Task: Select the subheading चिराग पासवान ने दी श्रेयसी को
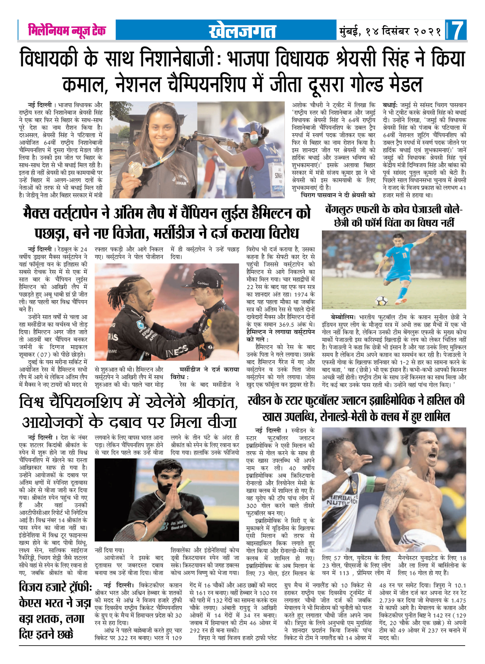(338, 195)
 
